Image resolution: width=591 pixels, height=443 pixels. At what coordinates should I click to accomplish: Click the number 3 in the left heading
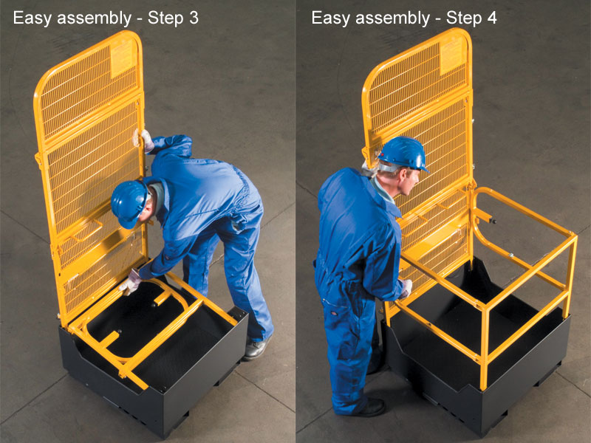point(194,18)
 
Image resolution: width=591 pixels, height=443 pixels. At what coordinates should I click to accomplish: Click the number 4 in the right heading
point(491,18)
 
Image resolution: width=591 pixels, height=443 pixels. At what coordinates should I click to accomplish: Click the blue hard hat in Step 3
point(129,202)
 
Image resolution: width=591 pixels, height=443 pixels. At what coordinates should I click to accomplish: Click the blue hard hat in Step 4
point(403,152)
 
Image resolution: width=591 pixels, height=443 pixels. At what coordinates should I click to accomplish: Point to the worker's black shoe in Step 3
point(256,348)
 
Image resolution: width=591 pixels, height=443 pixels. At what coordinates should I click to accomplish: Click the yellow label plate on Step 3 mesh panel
point(123,58)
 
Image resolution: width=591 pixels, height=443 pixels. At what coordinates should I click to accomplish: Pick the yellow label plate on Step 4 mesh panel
point(451,55)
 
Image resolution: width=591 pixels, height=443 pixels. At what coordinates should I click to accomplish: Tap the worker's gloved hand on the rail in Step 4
point(406,288)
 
